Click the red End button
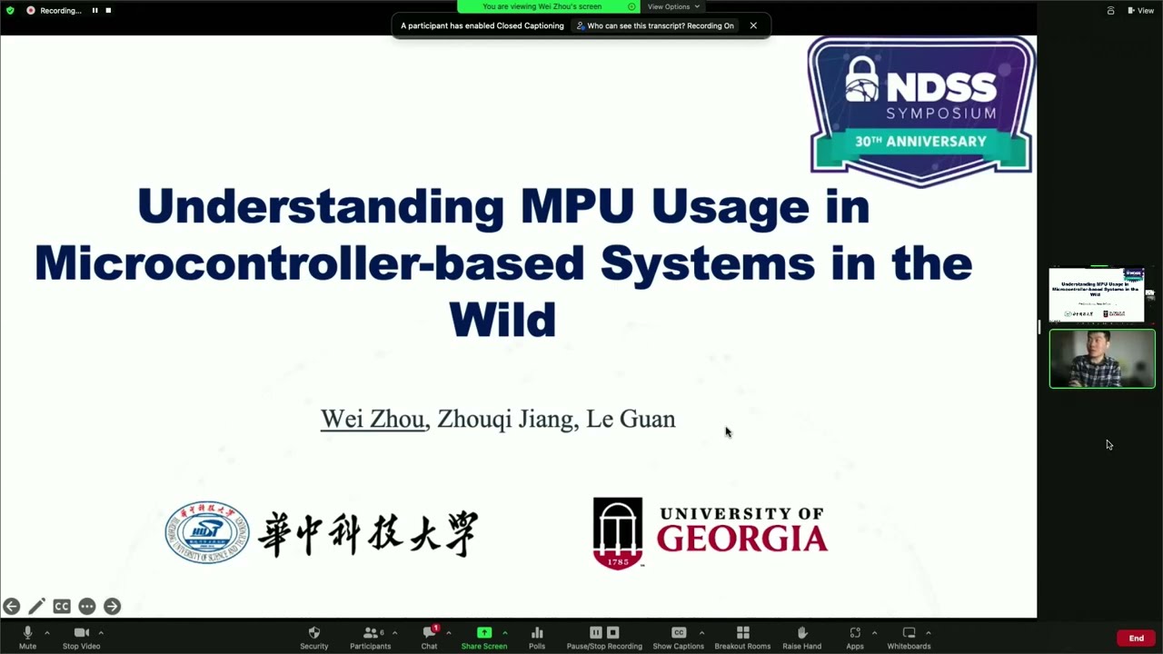pos(1136,639)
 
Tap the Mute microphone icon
pos(27,632)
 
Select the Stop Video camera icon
pos(81,632)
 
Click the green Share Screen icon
pos(484,632)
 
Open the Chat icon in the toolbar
pos(429,632)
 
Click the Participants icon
pos(371,632)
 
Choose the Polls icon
pos(537,632)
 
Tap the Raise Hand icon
pos(801,632)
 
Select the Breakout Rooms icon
pos(742,632)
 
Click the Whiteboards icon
pos(909,632)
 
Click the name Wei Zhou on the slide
pos(373,419)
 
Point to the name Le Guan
pos(631,419)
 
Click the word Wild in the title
pos(502,320)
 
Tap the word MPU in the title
pos(577,207)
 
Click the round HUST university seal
pos(207,532)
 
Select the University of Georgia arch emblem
pos(618,532)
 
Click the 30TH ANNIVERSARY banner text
pos(920,142)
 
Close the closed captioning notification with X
pos(753,25)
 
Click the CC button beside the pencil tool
pos(62,606)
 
